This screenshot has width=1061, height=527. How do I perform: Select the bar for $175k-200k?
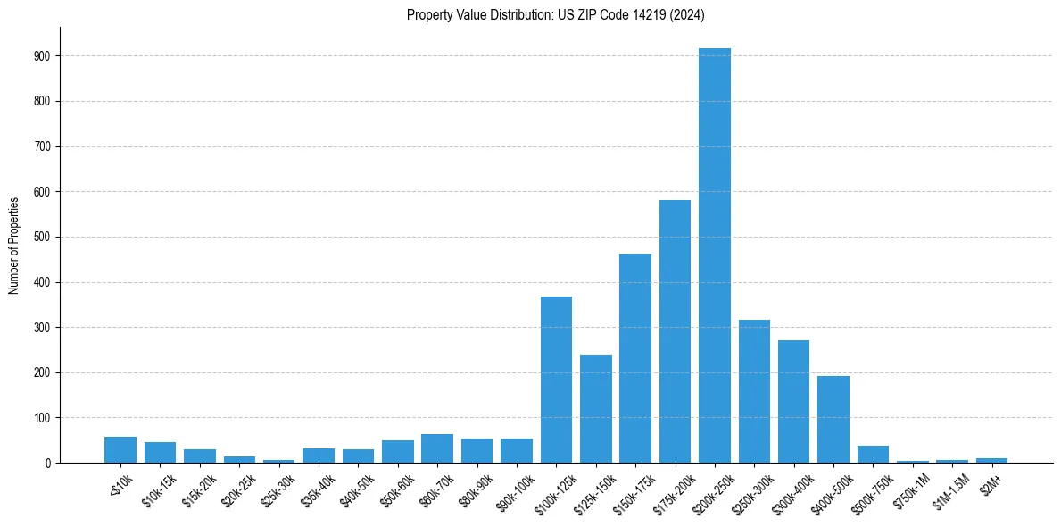pos(675,331)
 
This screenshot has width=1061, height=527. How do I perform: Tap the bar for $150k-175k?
pos(635,358)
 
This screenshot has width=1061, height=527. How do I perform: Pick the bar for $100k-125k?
pos(556,380)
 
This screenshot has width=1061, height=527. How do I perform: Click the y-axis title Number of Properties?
pos(13,245)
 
